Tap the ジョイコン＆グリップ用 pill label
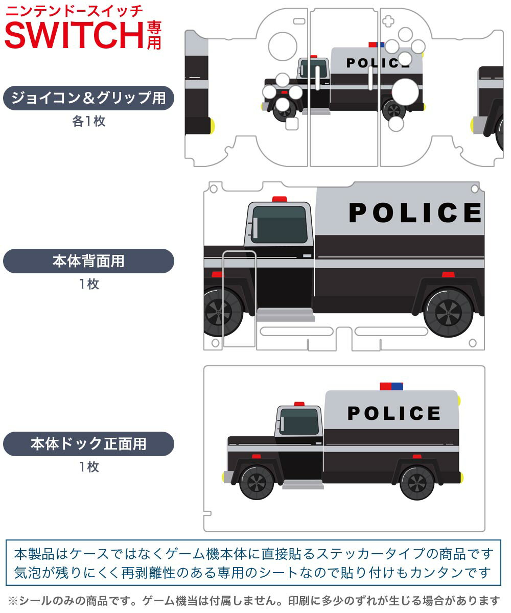[x=88, y=98]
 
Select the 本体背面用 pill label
[x=88, y=261]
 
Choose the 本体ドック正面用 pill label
[x=88, y=443]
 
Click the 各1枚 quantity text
[x=88, y=121]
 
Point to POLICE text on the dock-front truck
[x=394, y=413]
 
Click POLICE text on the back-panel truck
[x=414, y=213]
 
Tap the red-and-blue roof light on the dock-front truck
[x=391, y=386]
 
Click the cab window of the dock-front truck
[x=299, y=421]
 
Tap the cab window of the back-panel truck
[x=280, y=225]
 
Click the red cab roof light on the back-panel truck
[x=280, y=199]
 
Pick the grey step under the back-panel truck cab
[x=286, y=315]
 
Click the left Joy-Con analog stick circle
[x=283, y=46]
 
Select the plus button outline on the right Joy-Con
[x=388, y=21]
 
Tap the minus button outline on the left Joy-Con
[x=299, y=21]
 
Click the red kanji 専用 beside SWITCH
[x=154, y=36]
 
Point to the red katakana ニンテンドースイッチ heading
[x=74, y=11]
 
